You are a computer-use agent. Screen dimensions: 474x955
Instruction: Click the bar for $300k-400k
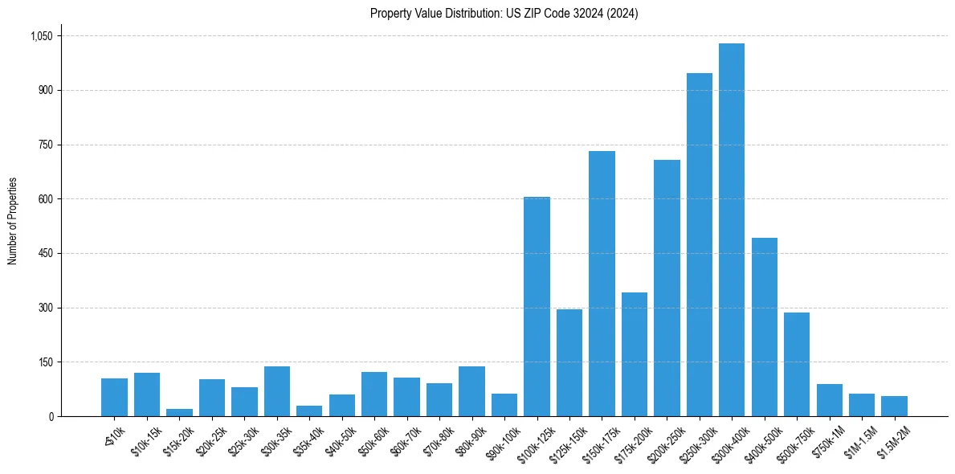point(732,230)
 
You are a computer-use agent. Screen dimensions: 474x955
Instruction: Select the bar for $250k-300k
point(699,244)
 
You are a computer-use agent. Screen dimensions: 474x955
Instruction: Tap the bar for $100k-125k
point(537,306)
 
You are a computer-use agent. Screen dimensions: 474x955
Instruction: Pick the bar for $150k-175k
point(602,284)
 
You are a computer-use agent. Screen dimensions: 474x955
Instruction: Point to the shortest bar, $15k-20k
point(179,412)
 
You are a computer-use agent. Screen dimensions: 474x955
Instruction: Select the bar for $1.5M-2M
point(894,406)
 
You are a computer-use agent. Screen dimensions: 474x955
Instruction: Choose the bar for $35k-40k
point(309,411)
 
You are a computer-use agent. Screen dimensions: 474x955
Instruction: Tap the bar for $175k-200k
point(635,354)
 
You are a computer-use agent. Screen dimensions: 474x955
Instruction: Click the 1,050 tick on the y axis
point(41,36)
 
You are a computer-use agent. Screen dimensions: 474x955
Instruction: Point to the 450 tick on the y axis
point(45,254)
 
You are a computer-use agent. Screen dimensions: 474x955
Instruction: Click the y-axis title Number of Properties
point(13,220)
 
